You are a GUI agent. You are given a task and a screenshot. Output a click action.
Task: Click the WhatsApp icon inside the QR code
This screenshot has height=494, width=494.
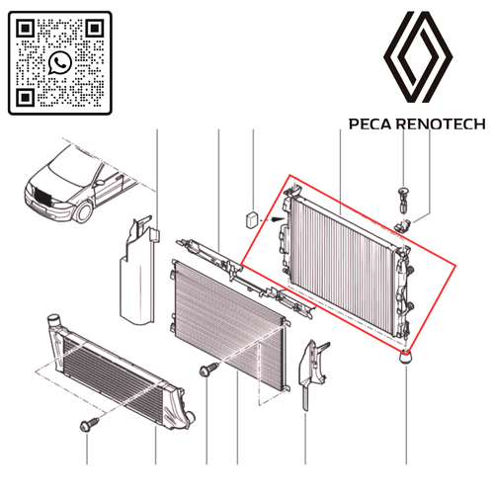[60, 62]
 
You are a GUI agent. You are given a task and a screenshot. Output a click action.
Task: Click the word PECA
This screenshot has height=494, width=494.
[369, 125]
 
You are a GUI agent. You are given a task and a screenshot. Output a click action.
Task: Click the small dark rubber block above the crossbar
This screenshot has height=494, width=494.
[252, 216]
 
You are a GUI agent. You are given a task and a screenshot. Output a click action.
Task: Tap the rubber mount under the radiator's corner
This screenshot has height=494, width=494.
[407, 356]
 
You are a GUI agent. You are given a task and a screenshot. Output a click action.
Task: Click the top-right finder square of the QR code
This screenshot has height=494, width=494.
[94, 29]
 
